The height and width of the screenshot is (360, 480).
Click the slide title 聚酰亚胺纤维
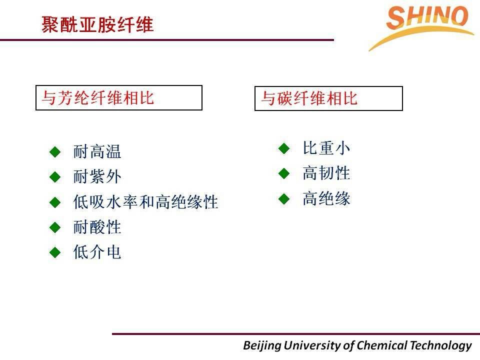point(97,24)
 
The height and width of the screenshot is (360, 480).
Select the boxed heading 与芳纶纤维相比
point(97,98)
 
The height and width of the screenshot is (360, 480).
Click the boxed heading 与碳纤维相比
point(309,98)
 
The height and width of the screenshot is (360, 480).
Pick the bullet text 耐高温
point(97,151)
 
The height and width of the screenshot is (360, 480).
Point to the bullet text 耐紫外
point(97,176)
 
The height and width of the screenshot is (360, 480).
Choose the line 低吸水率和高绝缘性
point(145,202)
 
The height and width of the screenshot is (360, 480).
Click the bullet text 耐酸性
point(97,227)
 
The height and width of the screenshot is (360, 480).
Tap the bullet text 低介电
point(97,252)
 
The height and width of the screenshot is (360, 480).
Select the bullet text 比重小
point(326,148)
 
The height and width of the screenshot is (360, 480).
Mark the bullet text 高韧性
point(326,173)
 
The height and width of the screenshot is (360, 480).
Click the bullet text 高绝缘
point(326,198)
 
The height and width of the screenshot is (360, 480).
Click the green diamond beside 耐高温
point(55,152)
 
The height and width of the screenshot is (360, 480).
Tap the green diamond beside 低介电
point(55,252)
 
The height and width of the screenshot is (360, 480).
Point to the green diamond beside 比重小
point(284,148)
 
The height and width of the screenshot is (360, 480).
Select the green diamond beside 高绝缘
point(284,199)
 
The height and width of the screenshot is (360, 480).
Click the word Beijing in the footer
point(262,345)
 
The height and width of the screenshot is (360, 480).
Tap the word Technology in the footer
point(441,345)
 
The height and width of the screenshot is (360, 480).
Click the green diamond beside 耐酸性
point(55,227)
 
